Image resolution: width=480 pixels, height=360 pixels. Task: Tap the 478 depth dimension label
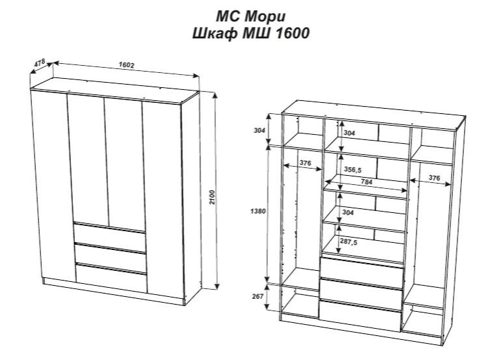[41, 64]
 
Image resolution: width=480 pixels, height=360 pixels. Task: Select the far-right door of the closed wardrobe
[163, 195]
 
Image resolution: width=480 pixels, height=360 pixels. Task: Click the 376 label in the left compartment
[304, 162]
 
